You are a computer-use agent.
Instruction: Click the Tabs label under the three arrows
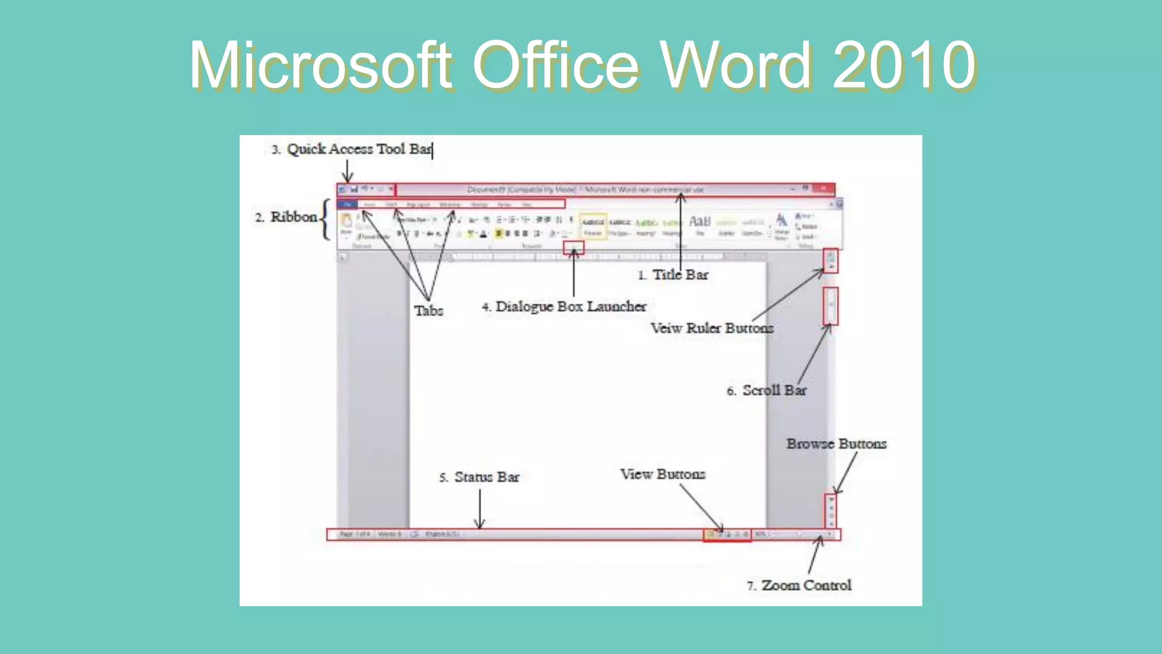click(x=428, y=311)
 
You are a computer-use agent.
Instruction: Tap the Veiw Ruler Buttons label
click(x=712, y=328)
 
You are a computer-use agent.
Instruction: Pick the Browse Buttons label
click(x=836, y=444)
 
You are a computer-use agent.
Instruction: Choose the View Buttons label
click(x=663, y=474)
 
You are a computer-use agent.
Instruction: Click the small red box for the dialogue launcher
click(x=573, y=248)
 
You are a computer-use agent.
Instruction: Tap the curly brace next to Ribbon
click(x=325, y=219)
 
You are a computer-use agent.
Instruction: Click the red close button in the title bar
click(x=823, y=188)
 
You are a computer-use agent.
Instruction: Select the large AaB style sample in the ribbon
click(x=699, y=221)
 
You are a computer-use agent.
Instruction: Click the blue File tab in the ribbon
click(x=347, y=204)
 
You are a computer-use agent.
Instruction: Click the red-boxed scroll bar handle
click(x=831, y=306)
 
